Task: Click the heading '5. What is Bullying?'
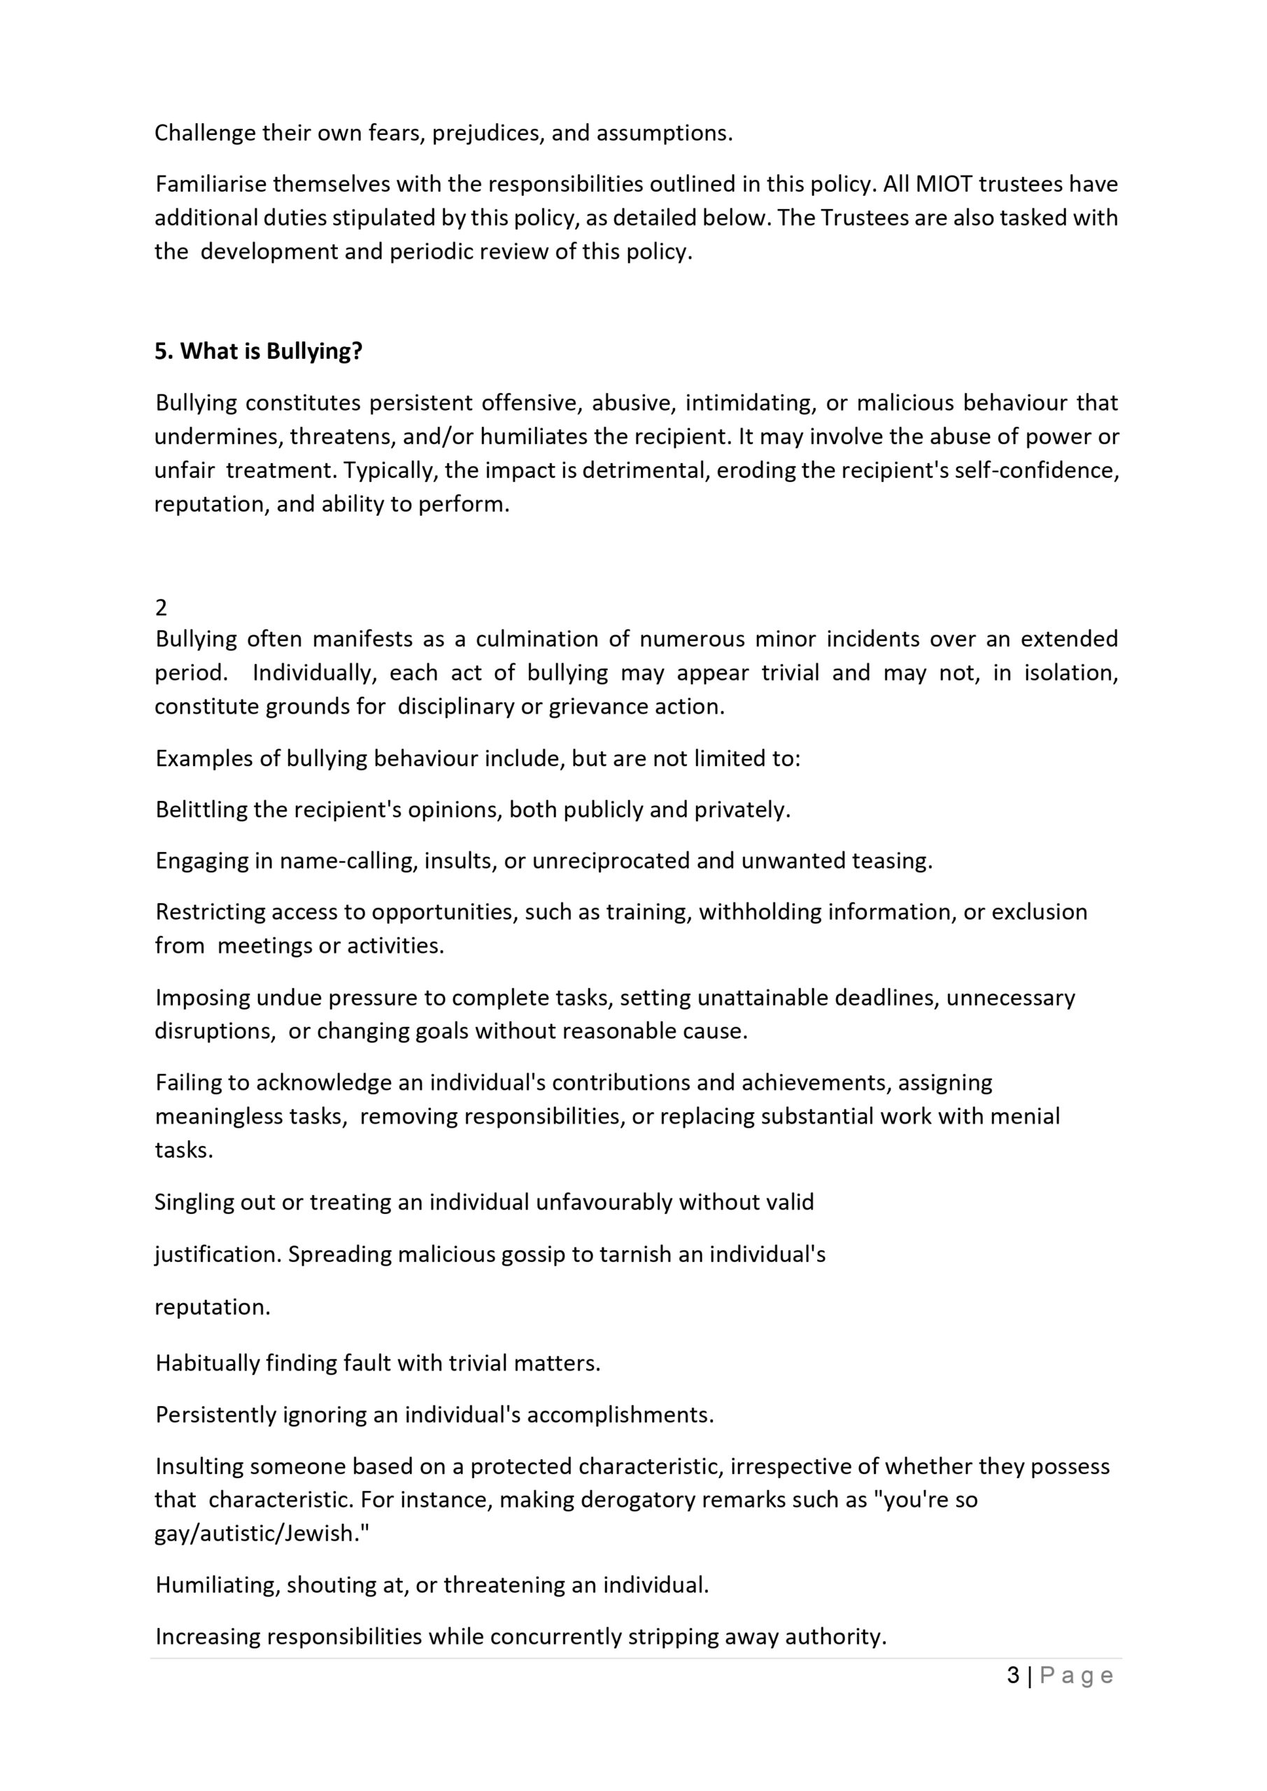(x=258, y=352)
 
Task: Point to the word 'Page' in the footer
(x=1077, y=1676)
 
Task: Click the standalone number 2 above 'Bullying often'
(x=161, y=608)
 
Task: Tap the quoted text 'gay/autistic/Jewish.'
(x=262, y=1534)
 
